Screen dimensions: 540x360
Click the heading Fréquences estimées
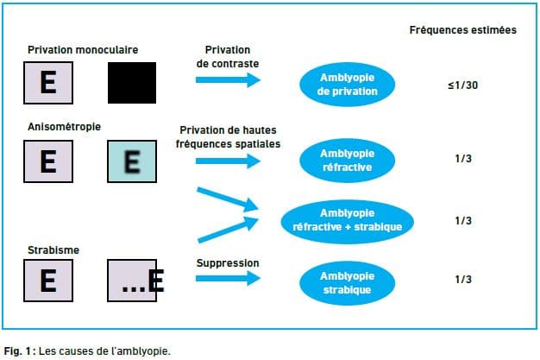tap(463, 30)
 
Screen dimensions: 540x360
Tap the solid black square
tap(132, 83)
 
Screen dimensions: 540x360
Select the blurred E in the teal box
tap(132, 161)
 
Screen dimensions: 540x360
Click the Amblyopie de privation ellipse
tap(347, 85)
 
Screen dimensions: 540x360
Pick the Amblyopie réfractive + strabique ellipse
tap(347, 222)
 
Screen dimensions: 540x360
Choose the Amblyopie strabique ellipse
tap(347, 283)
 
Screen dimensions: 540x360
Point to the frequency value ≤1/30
tap(463, 85)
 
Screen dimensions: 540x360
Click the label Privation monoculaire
tap(83, 50)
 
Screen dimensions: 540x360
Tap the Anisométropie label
tap(64, 127)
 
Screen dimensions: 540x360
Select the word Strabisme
tap(53, 250)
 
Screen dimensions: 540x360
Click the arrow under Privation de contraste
tap(228, 80)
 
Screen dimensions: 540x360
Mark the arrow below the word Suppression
tap(228, 278)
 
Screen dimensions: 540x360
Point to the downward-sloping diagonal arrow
tap(227, 199)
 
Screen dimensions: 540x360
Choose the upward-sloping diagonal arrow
tap(228, 230)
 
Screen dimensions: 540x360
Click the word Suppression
tap(228, 263)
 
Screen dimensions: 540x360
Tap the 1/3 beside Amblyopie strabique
tap(463, 280)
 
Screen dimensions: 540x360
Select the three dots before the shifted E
tap(134, 289)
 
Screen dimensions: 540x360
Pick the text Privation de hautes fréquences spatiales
tap(228, 137)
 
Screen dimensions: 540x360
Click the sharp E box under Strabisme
tap(48, 281)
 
